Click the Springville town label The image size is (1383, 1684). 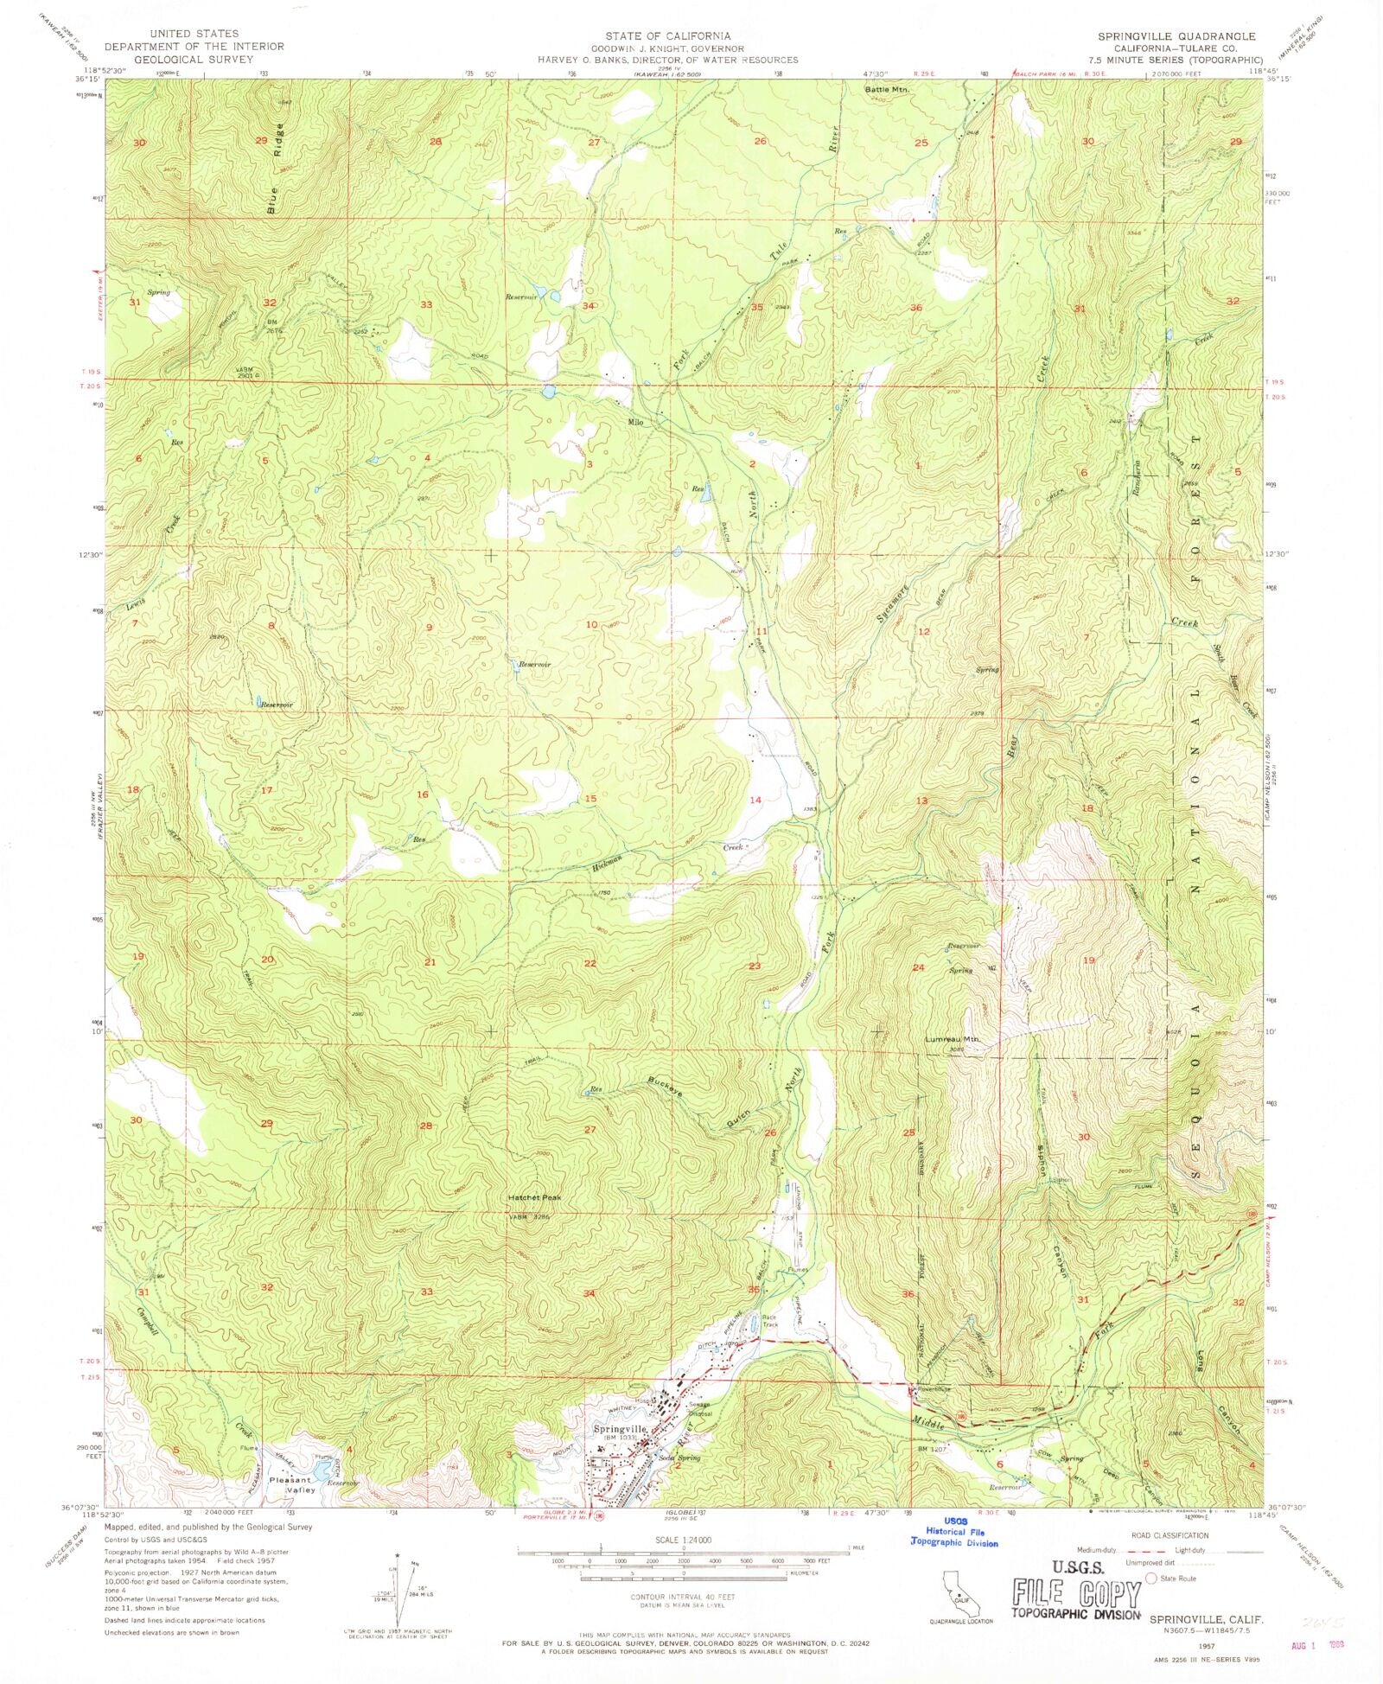pos(620,1429)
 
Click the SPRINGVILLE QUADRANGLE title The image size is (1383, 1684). pos(1163,37)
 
